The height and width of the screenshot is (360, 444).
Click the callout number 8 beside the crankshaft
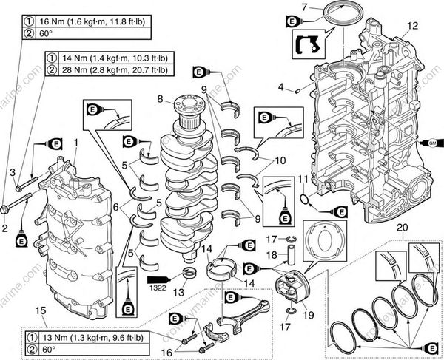coord(159,98)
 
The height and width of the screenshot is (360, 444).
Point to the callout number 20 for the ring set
coord(400,228)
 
